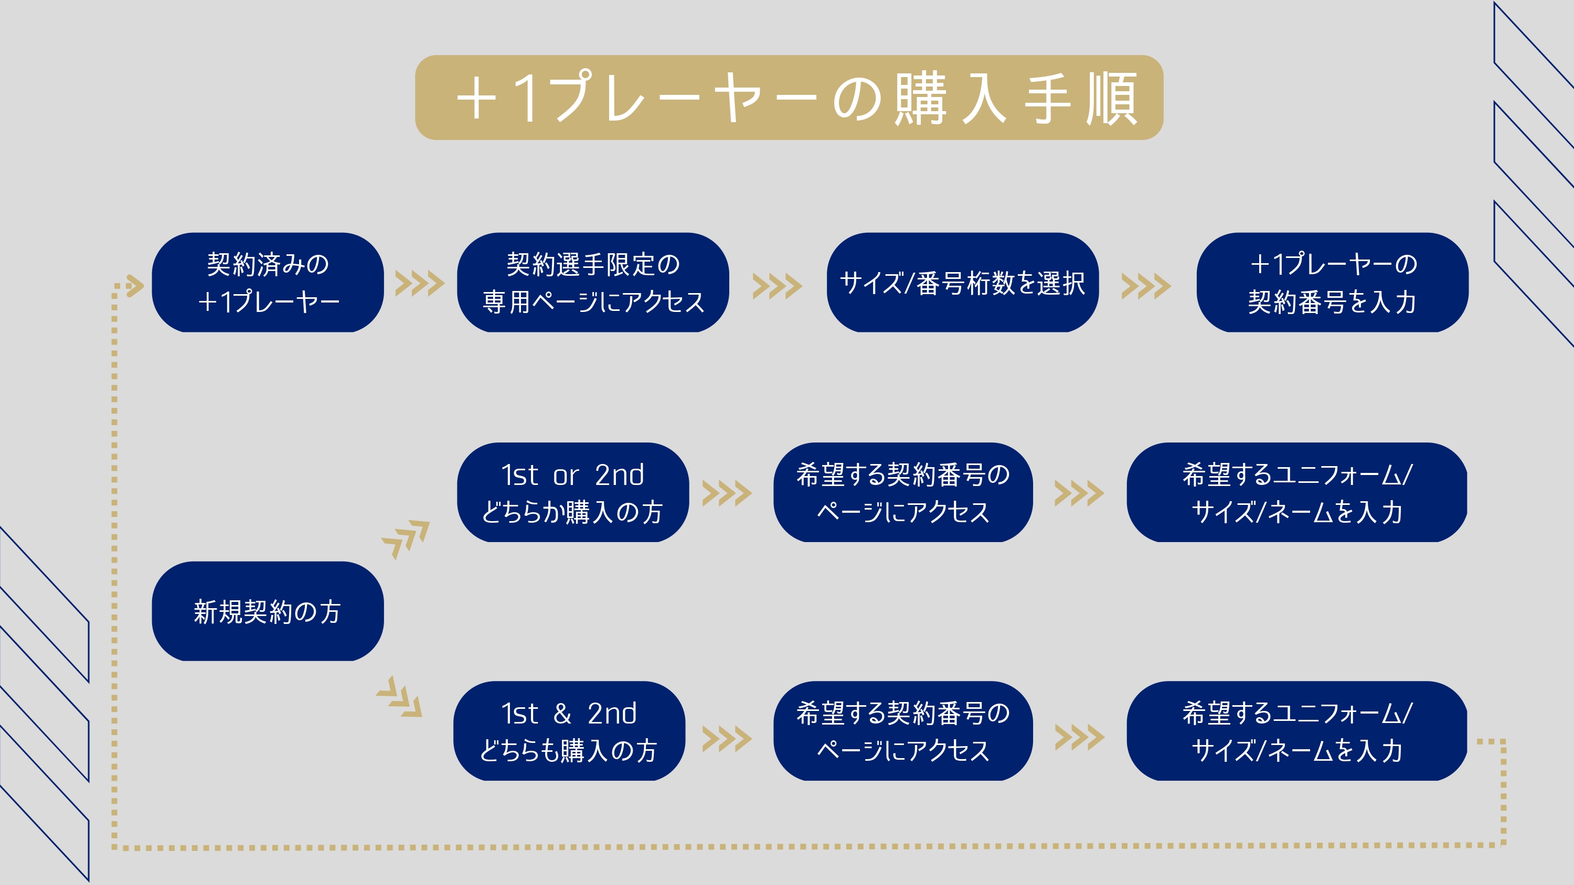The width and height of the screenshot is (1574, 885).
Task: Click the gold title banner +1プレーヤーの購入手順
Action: pos(788,98)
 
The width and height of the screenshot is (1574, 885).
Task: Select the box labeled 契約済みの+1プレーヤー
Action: pos(268,283)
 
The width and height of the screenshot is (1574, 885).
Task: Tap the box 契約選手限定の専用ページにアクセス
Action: pos(593,283)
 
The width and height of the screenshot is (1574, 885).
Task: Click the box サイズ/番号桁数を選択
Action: pos(962,283)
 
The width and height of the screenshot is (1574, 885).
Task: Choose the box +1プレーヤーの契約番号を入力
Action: pos(1332,283)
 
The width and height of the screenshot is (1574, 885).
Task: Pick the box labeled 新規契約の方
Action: pos(268,611)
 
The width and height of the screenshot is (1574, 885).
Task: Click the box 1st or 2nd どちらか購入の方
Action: pos(572,493)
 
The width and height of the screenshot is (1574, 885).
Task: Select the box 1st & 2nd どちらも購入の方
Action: pos(569,731)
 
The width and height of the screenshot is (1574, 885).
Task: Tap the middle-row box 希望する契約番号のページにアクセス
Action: pos(902,493)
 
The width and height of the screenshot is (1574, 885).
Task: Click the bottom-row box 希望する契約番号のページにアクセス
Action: pos(902,731)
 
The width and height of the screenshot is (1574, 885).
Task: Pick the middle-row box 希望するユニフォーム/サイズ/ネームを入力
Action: pos(1296,493)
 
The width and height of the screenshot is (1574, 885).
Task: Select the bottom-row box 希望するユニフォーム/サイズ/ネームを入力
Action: pos(1296,731)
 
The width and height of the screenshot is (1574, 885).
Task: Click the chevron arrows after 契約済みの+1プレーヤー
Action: pos(420,284)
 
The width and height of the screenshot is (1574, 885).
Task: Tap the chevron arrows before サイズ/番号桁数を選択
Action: pos(777,286)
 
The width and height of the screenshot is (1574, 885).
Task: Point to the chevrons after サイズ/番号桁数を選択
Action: pos(1146,286)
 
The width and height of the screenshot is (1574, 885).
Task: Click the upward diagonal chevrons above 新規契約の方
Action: pos(406,538)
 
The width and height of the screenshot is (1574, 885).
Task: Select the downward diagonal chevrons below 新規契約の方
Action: pos(400,697)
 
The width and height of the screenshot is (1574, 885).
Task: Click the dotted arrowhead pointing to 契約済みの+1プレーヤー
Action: pos(134,285)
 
